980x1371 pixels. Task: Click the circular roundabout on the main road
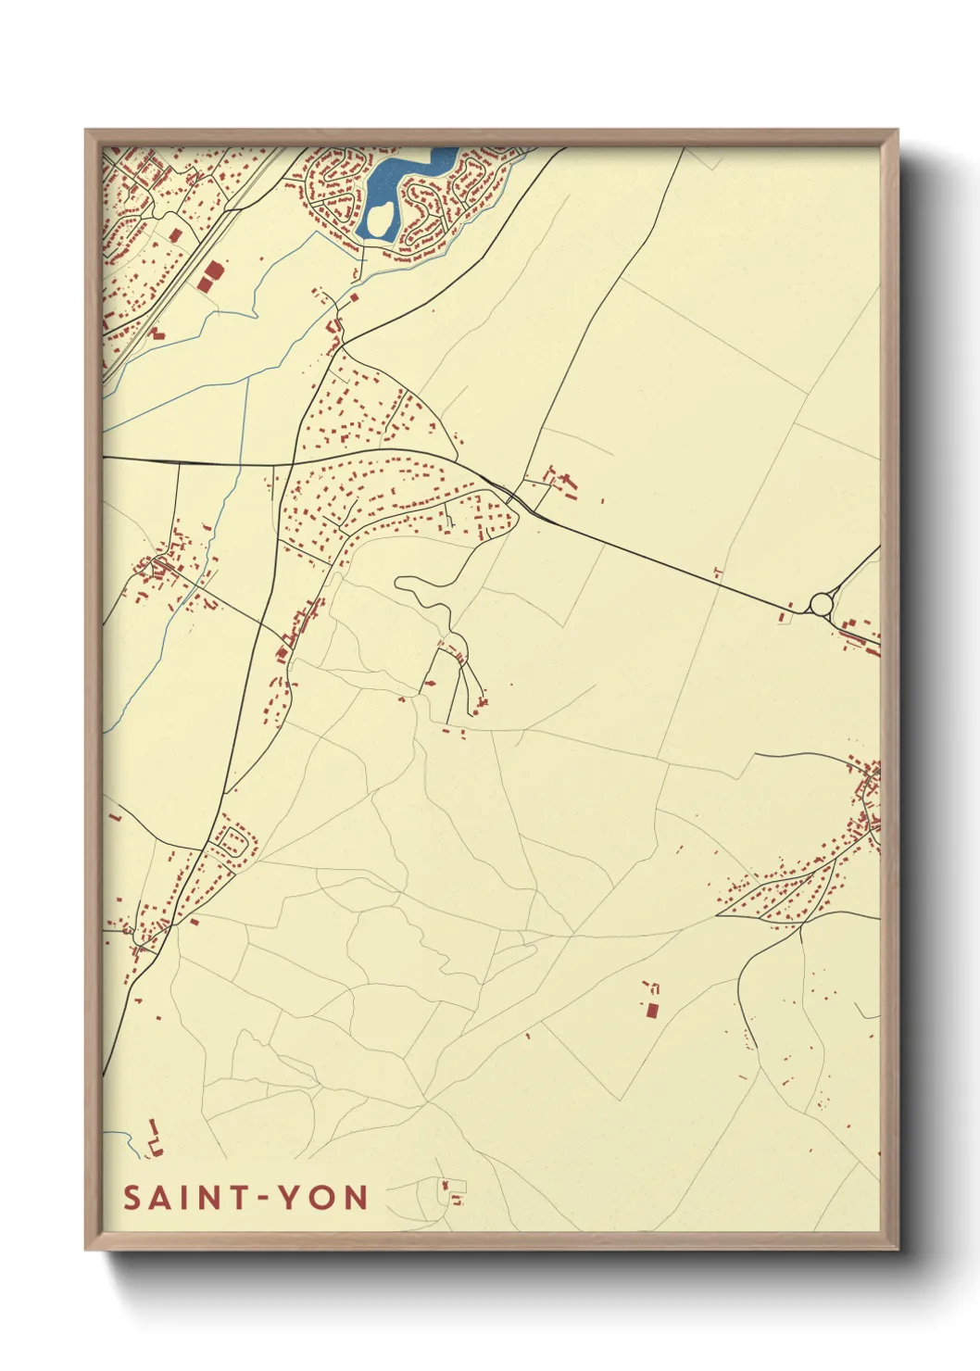[x=821, y=604]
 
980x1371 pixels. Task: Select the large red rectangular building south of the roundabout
[x=651, y=1009]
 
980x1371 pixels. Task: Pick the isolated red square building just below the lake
[x=353, y=298]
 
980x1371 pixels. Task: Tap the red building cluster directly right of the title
[x=452, y=1191]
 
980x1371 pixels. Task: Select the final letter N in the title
[x=357, y=1198]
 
